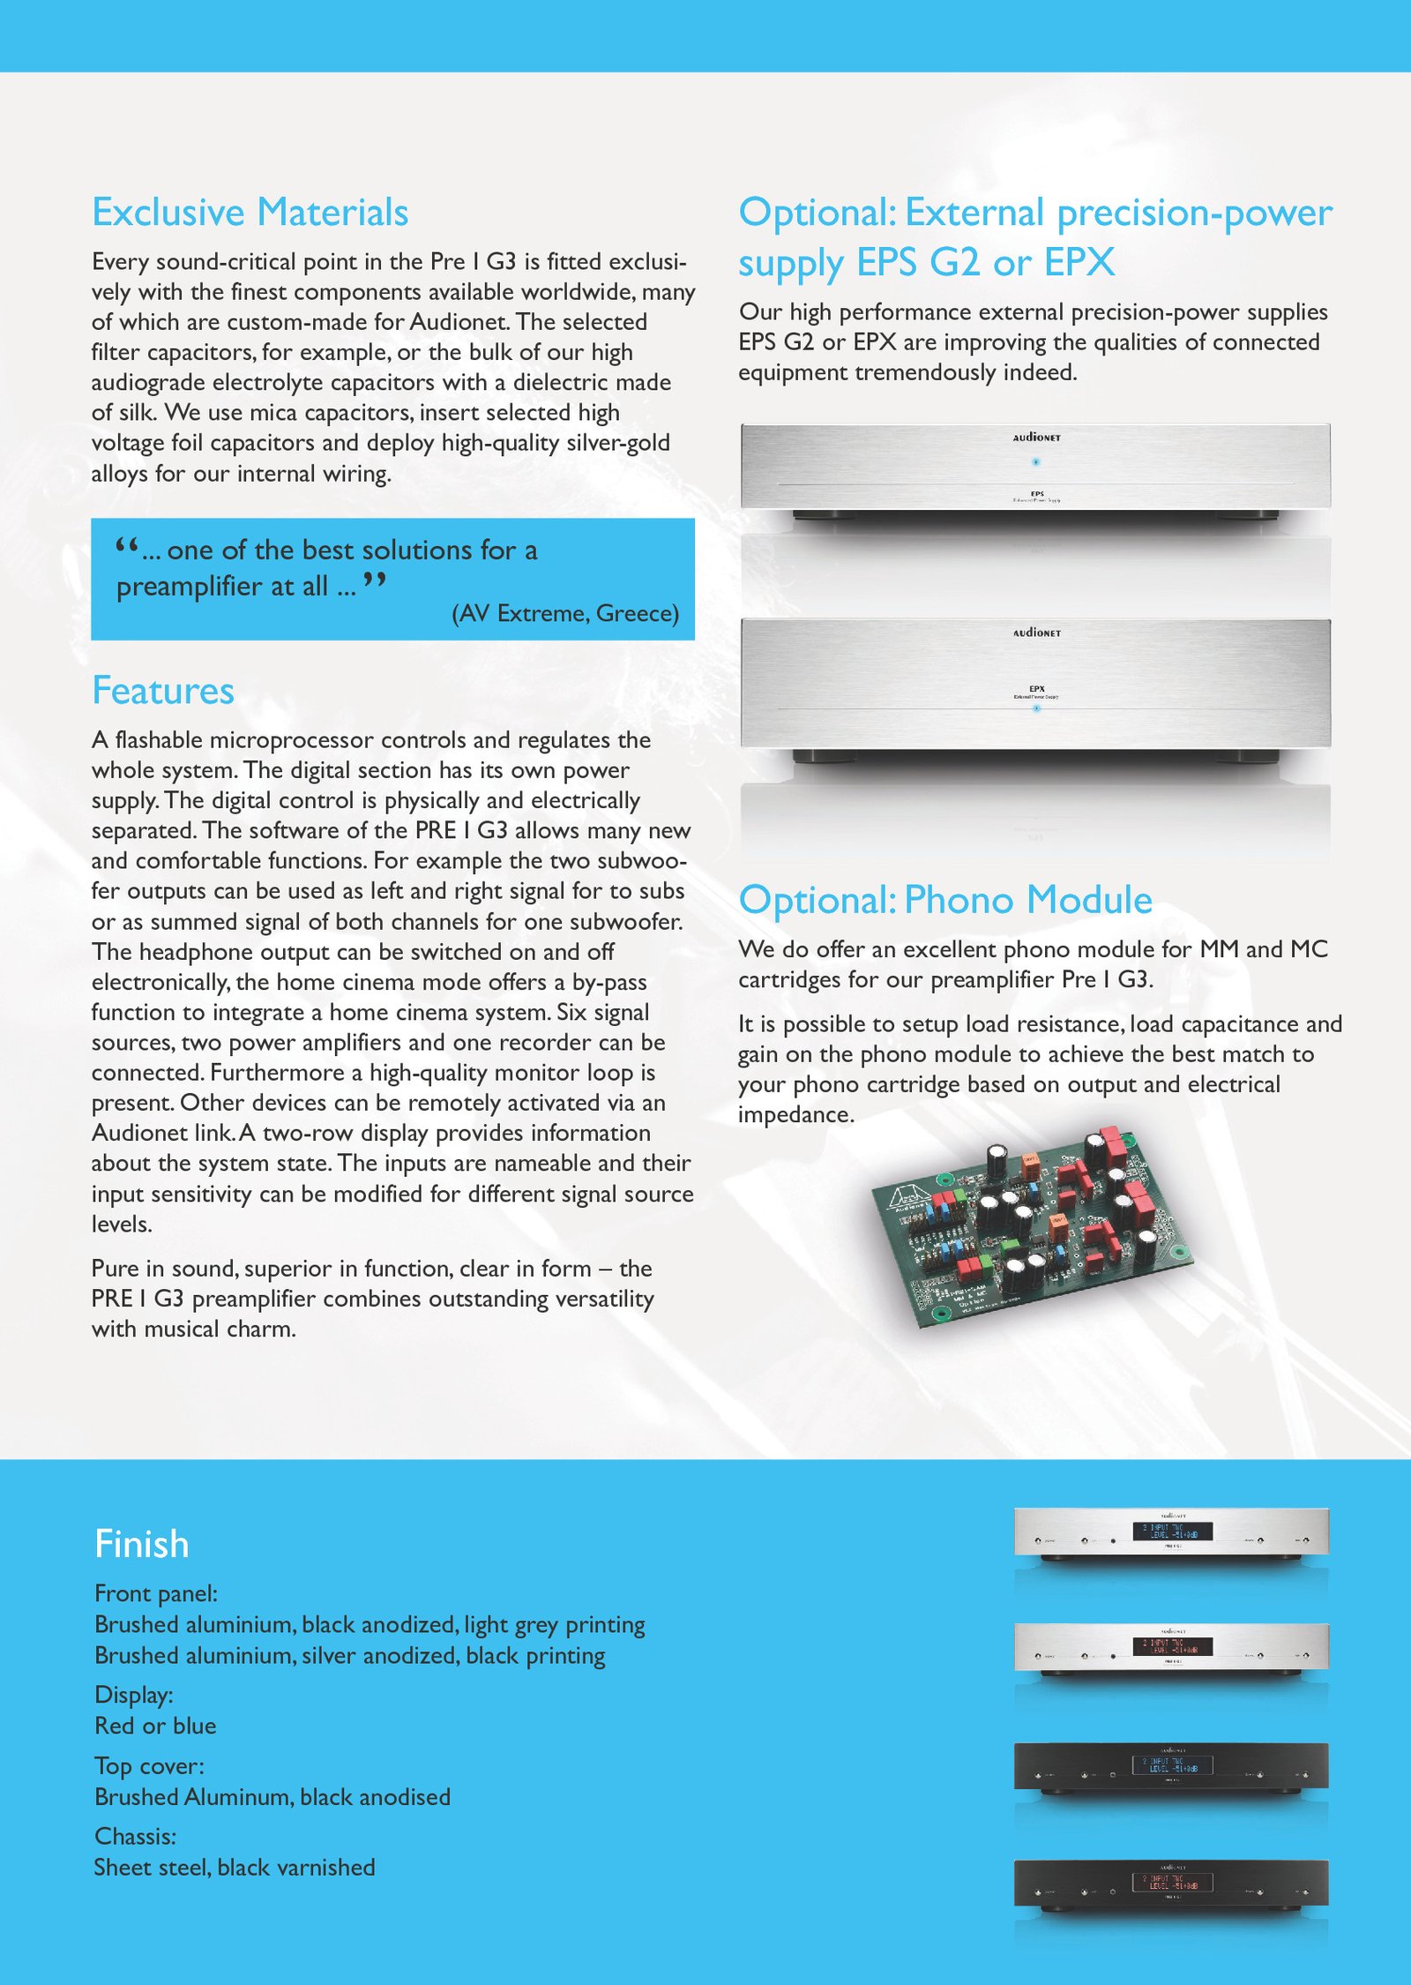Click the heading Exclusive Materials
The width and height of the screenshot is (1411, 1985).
coord(250,213)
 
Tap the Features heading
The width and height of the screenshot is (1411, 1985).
coord(163,691)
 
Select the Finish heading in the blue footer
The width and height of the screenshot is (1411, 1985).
coord(141,1544)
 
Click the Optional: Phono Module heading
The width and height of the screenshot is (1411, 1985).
coord(945,900)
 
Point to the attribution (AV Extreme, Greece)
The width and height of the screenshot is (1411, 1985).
coord(565,613)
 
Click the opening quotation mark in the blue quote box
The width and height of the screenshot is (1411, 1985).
coord(127,546)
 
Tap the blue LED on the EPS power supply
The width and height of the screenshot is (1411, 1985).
coord(1036,461)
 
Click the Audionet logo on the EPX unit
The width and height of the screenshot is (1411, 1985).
coord(1036,633)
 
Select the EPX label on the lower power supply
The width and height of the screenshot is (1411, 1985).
coord(1036,689)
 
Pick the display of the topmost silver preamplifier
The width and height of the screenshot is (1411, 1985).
coord(1172,1532)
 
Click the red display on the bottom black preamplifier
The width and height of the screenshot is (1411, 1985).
coord(1172,1882)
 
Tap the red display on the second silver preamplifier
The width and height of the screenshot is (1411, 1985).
coord(1172,1646)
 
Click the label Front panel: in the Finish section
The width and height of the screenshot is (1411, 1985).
coord(156,1593)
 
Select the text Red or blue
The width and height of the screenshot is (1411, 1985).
coord(155,1726)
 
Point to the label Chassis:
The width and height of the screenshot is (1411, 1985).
coord(135,1836)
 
